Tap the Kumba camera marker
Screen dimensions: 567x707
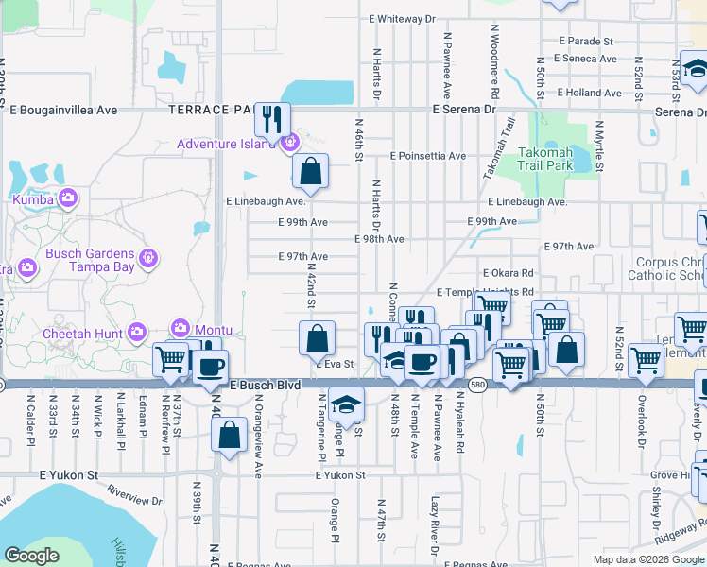pos(67,198)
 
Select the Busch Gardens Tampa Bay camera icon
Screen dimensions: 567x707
pos(147,257)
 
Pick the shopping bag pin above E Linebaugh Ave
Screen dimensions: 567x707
pos(310,171)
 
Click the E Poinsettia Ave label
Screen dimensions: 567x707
pos(427,156)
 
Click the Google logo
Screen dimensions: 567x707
pos(31,557)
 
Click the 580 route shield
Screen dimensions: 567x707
pos(477,387)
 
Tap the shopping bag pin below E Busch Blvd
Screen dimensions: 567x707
pos(230,437)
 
